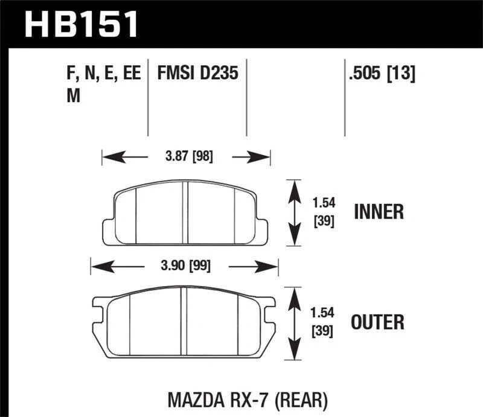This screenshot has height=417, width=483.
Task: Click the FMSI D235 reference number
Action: (x=198, y=74)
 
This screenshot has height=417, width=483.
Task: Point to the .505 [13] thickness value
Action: (x=382, y=74)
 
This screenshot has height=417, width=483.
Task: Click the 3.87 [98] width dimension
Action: (x=188, y=158)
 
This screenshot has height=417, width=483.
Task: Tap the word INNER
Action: (x=378, y=212)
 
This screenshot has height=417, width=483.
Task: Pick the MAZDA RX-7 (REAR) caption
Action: (x=248, y=399)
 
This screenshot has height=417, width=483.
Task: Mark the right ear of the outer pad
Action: (x=269, y=310)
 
